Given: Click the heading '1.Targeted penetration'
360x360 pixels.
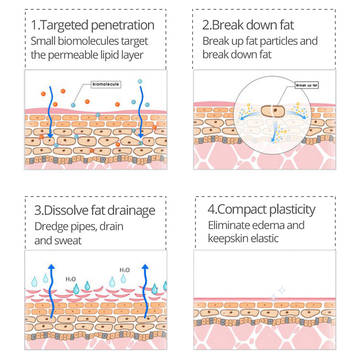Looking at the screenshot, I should [x=93, y=25].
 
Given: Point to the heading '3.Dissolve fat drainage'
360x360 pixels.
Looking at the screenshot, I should [x=95, y=210].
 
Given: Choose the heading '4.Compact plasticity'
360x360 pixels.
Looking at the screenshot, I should [x=261, y=209].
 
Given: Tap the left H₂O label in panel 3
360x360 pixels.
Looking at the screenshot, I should [x=71, y=279].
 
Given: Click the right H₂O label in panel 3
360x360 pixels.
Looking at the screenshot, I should [x=125, y=270].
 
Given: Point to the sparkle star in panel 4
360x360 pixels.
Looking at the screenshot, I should [x=282, y=290].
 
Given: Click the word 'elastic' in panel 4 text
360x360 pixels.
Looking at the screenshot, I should [x=263, y=238].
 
